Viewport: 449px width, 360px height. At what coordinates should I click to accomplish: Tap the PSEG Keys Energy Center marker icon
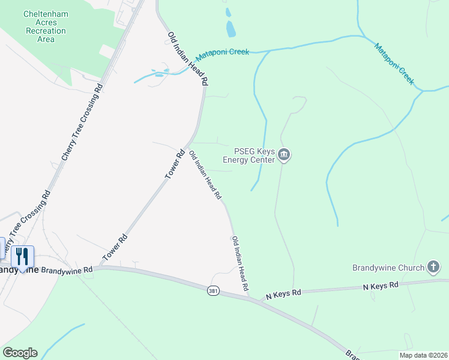285,155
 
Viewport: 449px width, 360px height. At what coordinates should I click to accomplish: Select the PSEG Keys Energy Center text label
249,155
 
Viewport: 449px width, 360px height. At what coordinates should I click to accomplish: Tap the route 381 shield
213,291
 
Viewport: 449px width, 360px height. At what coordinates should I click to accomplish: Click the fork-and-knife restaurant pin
22,257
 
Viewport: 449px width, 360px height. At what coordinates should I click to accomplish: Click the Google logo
20,353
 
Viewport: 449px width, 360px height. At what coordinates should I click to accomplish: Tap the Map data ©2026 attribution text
423,355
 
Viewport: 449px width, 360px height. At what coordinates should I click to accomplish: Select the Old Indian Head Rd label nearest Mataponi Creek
188,58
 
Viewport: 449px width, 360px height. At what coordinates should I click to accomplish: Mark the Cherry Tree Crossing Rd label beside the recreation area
83,122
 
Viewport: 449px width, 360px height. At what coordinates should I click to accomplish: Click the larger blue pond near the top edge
231,28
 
